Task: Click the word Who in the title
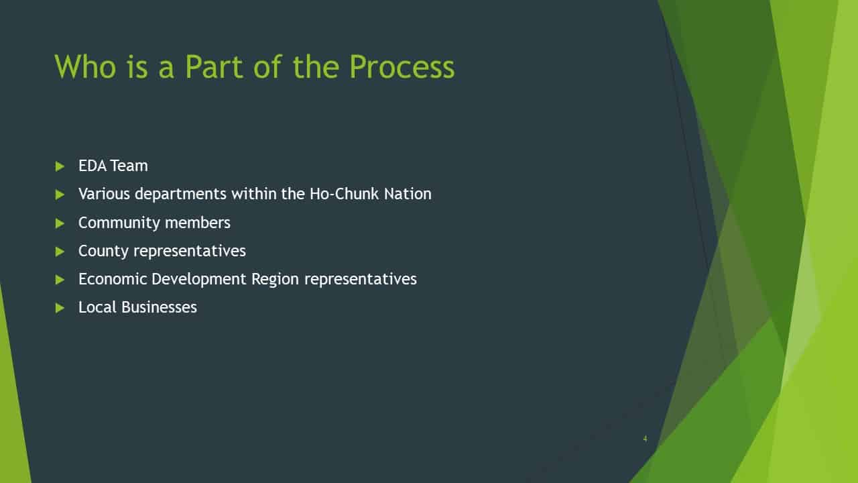pos(85,66)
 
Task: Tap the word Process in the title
pos(402,66)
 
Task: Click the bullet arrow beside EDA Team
pos(60,166)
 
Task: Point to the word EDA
pos(93,166)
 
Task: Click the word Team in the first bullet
pos(129,166)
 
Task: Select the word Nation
pos(408,194)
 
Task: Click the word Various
pos(104,194)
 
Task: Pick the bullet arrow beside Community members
pos(60,223)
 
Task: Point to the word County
pos(103,252)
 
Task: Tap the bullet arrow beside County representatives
pos(60,252)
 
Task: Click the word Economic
pos(113,279)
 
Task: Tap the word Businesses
pos(160,307)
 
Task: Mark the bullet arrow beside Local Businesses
pos(60,308)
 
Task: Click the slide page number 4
pos(646,439)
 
